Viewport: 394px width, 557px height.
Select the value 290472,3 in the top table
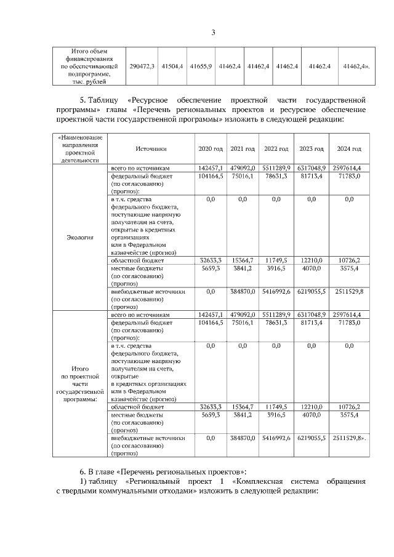pyautogui.click(x=142, y=65)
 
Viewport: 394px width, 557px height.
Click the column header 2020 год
pyautogui.click(x=210, y=149)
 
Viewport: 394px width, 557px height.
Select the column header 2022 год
pyautogui.click(x=276, y=149)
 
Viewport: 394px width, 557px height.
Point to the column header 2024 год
pyautogui.click(x=349, y=149)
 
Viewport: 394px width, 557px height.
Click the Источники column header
pyautogui.click(x=151, y=149)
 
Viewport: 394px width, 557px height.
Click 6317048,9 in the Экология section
pyautogui.click(x=311, y=167)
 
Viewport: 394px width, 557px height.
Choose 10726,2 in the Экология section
pyautogui.click(x=349, y=261)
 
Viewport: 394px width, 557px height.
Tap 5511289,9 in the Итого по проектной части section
pyautogui.click(x=276, y=315)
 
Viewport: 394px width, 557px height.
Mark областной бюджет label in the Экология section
pyautogui.click(x=137, y=261)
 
